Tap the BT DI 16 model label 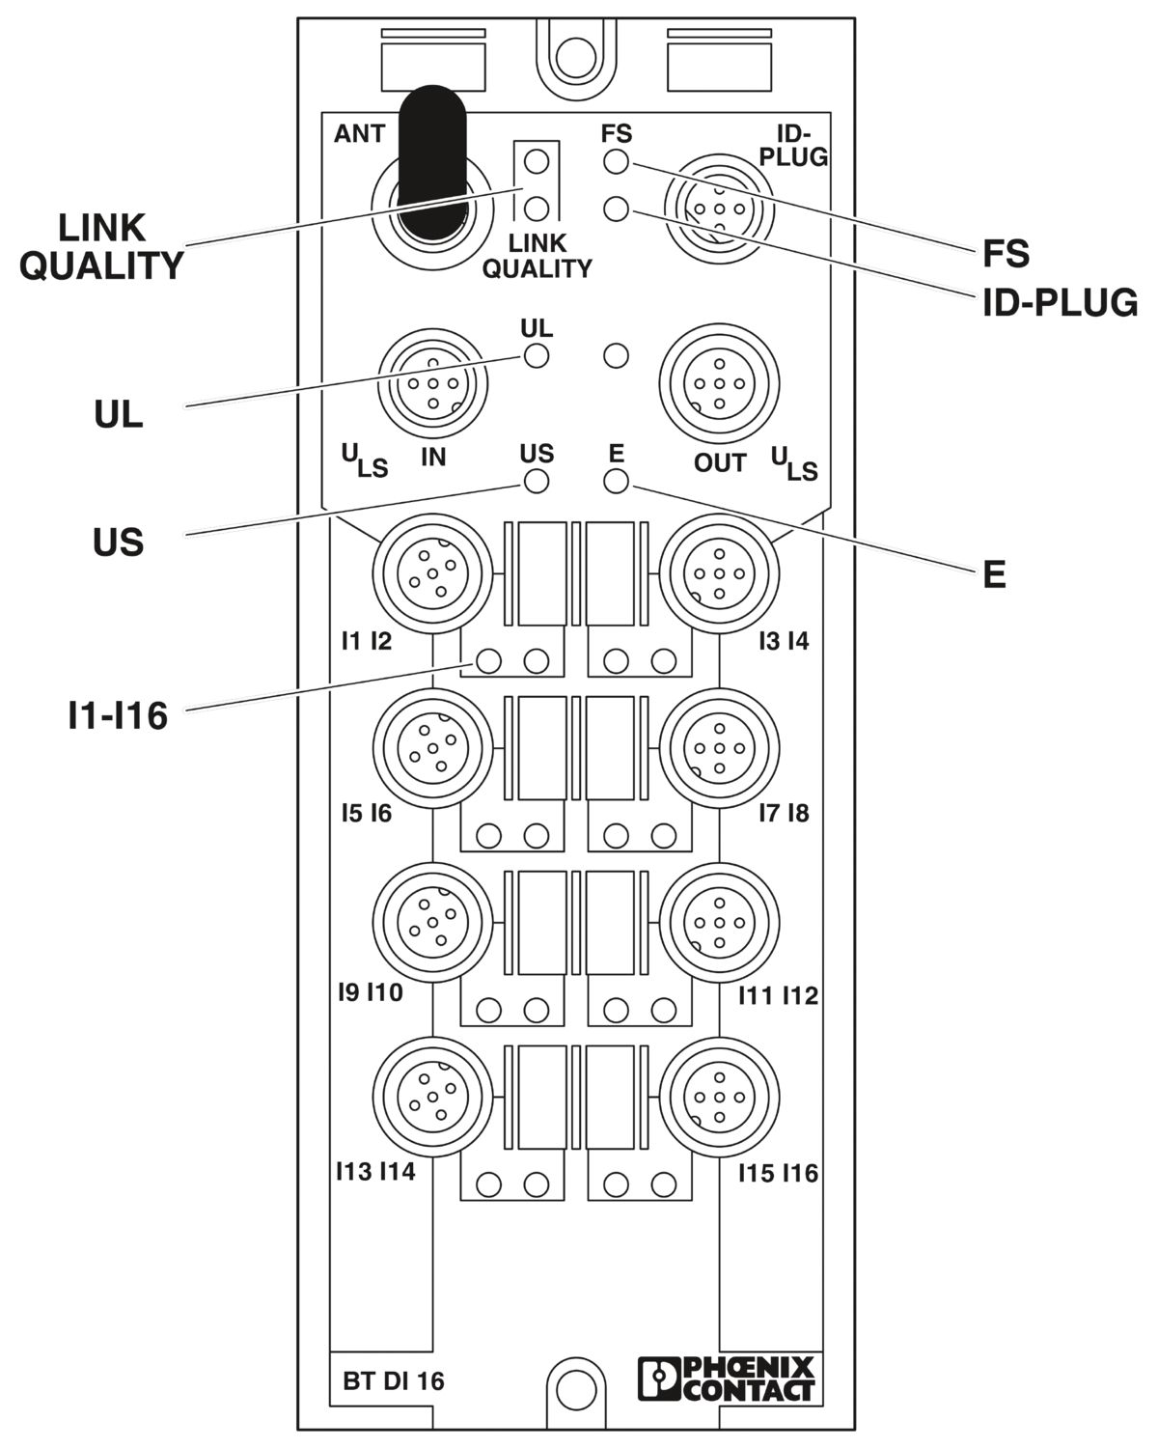coord(394,1380)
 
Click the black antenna coord(432,161)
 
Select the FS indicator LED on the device coord(616,162)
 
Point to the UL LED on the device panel coord(537,356)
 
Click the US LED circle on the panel coord(537,482)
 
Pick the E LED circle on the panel coord(616,482)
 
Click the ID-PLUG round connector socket coord(719,209)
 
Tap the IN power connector coord(432,384)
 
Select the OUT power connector coord(719,384)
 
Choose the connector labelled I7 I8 coord(719,747)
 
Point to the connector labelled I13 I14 coord(432,1097)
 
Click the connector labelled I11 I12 coord(719,923)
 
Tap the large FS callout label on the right coord(1006,254)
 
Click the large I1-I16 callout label coord(118,715)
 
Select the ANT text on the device coord(359,134)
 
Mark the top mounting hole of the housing coord(575,57)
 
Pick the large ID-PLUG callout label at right coord(1061,303)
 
